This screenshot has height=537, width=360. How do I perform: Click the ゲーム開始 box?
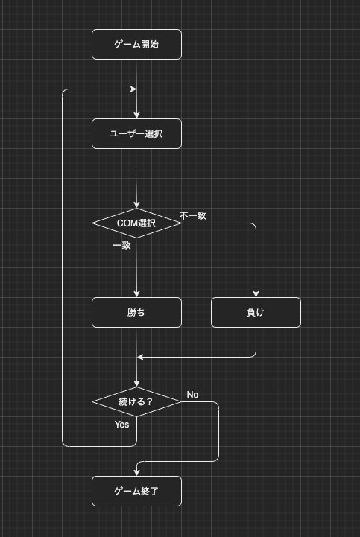pyautogui.click(x=136, y=44)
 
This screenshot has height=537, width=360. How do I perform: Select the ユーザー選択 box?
pyautogui.click(x=136, y=133)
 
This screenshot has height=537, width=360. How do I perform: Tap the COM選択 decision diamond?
pyautogui.click(x=136, y=223)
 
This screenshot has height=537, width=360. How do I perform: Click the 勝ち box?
pyautogui.click(x=136, y=312)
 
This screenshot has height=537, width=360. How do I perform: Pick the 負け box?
pyautogui.click(x=256, y=312)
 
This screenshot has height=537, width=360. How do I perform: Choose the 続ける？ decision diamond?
pyautogui.click(x=136, y=401)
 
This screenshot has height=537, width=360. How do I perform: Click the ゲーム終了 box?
pyautogui.click(x=136, y=491)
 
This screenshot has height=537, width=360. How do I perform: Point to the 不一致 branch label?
pyautogui.click(x=193, y=215)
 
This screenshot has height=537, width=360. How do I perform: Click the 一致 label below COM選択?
pyautogui.click(x=122, y=245)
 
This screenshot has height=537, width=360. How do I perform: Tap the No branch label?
pyautogui.click(x=193, y=395)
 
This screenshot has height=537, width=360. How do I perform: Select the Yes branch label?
pyautogui.click(x=122, y=425)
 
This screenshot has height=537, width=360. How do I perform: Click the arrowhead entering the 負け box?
pyautogui.click(x=256, y=294)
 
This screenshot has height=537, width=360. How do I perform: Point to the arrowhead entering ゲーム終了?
pyautogui.click(x=136, y=473)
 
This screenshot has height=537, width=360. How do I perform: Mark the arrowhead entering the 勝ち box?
pyautogui.click(x=136, y=294)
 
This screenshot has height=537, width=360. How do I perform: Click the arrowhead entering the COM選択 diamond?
pyautogui.click(x=136, y=205)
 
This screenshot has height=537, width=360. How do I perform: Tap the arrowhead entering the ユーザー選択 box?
pyautogui.click(x=136, y=115)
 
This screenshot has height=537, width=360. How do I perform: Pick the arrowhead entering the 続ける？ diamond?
pyautogui.click(x=136, y=384)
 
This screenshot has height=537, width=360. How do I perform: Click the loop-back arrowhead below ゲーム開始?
pyautogui.click(x=133, y=89)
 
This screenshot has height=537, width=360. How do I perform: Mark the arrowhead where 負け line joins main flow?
pyautogui.click(x=140, y=357)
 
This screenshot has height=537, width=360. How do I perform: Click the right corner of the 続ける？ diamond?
pyautogui.click(x=181, y=401)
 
